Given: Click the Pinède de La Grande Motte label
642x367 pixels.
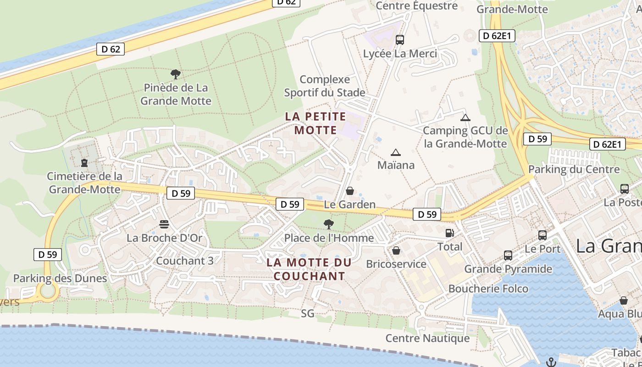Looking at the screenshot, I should click(176, 94).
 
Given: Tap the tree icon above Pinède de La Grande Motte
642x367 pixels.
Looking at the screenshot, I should click(175, 74).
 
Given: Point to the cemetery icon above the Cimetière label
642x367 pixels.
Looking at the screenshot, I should click(84, 162).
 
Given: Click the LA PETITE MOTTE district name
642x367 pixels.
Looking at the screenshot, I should click(315, 123).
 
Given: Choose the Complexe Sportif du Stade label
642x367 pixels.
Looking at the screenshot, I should click(325, 86).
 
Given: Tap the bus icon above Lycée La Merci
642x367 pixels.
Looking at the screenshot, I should click(399, 40).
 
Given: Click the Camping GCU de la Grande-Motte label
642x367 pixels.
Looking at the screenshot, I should click(465, 137).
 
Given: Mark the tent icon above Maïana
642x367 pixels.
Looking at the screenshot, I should click(395, 152).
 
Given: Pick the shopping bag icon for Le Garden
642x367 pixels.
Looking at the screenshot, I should click(350, 191).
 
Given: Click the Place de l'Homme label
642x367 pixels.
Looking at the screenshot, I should click(329, 238).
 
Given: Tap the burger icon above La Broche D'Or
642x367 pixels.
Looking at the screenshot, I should click(164, 224).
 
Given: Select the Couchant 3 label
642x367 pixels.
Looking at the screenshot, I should click(185, 261).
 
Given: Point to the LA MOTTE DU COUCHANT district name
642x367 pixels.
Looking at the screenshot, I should click(309, 269).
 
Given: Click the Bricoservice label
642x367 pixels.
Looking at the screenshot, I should click(396, 264).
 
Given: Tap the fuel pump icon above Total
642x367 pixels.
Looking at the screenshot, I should click(450, 233).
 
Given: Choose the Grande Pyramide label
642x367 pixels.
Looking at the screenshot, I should click(508, 268).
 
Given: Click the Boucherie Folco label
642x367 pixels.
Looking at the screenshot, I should click(488, 289).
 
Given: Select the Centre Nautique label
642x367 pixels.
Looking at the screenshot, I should click(427, 338).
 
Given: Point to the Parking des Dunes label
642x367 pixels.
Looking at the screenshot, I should click(60, 278).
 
